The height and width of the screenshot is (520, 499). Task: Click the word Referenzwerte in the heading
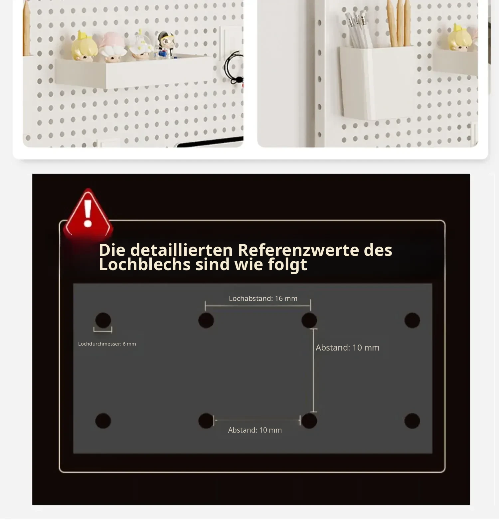tap(298, 250)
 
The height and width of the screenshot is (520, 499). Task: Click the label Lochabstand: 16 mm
tap(263, 298)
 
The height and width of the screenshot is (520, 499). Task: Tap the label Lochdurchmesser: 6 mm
tap(107, 344)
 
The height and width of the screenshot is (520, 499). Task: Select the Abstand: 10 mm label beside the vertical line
tap(348, 348)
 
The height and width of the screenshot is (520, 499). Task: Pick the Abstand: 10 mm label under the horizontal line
tap(255, 430)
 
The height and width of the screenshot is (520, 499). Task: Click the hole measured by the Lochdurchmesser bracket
tap(103, 320)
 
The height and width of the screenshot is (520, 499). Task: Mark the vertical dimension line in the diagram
tap(313, 370)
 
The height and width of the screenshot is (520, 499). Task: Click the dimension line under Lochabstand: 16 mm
tap(258, 305)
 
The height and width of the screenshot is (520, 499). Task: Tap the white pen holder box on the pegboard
tap(377, 82)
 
